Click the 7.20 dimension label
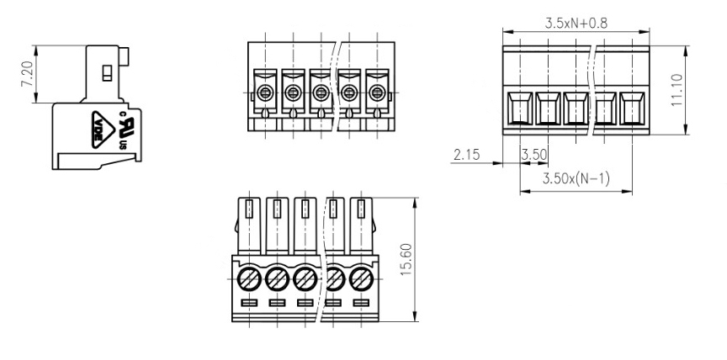[27, 74]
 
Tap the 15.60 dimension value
[406, 260]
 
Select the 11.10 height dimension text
[677, 90]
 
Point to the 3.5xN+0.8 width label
[576, 24]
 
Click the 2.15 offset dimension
[467, 154]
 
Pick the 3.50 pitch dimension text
[534, 154]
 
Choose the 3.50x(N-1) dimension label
[576, 178]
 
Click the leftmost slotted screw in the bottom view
[249, 279]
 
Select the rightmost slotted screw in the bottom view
[361, 279]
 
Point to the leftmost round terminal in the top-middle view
[265, 93]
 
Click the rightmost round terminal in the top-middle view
[377, 93]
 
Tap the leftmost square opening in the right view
[520, 109]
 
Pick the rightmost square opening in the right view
[632, 109]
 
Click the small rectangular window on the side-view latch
[107, 73]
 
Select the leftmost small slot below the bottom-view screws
[249, 303]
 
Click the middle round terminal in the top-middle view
[321, 93]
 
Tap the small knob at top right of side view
[124, 56]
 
